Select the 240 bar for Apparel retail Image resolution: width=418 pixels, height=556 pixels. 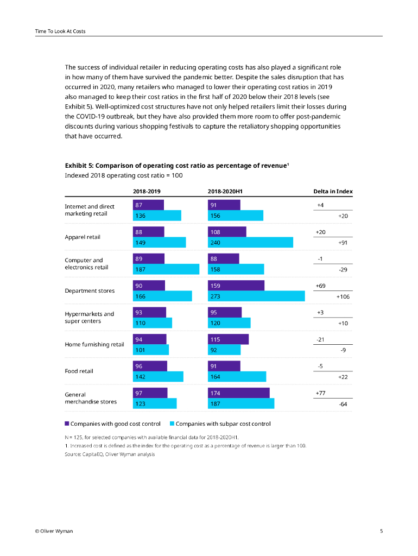click(x=250, y=242)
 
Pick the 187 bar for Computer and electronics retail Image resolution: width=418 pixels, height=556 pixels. click(x=166, y=269)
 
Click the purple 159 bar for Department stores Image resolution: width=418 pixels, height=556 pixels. click(x=236, y=286)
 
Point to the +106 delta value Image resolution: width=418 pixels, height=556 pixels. click(x=343, y=296)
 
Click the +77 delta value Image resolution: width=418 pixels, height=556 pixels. click(x=321, y=393)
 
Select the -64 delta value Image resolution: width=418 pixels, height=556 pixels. click(x=343, y=404)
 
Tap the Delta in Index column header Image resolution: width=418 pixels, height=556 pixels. click(x=333, y=191)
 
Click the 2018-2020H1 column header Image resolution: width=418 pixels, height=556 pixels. click(x=225, y=191)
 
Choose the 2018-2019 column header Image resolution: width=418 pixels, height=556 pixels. click(x=147, y=191)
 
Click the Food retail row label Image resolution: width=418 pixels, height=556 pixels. click(x=79, y=371)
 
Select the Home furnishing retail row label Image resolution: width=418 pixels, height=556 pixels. click(x=94, y=344)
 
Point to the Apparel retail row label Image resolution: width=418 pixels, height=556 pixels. click(x=83, y=237)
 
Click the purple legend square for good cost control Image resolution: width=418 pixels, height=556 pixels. click(x=67, y=424)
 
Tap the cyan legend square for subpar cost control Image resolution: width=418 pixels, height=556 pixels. click(x=172, y=424)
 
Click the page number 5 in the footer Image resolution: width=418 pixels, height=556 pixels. click(x=381, y=530)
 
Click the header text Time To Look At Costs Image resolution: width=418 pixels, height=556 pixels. click(x=60, y=31)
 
